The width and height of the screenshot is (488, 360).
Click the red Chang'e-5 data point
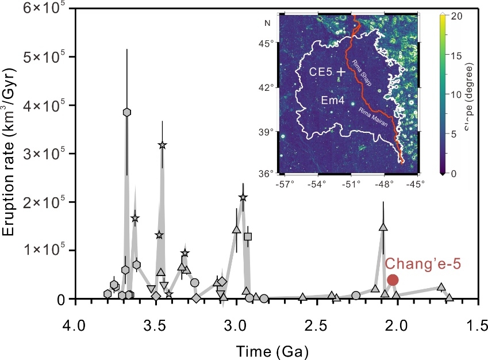pyautogui.click(x=393, y=280)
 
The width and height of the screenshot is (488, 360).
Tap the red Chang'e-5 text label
pyautogui.click(x=423, y=264)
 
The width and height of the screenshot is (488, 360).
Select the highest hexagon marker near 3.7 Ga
pyautogui.click(x=127, y=112)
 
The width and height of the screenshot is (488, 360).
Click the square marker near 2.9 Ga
pyautogui.click(x=248, y=236)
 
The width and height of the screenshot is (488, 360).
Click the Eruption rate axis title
pyautogui.click(x=11, y=152)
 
